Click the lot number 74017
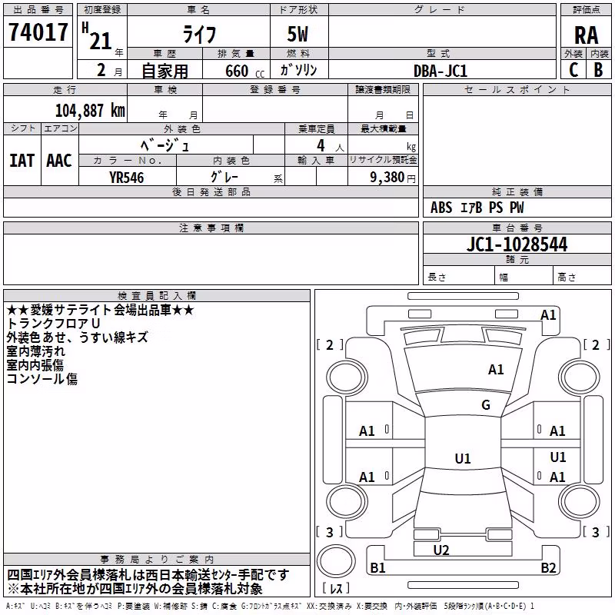[38, 32]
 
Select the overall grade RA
[586, 35]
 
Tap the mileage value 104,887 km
[90, 111]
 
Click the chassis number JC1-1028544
[517, 244]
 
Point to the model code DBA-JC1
[440, 71]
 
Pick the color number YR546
[126, 178]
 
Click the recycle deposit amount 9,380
[387, 178]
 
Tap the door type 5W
[298, 34]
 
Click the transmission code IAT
[22, 161]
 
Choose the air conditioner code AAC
[59, 161]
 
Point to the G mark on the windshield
[486, 405]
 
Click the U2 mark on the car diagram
[440, 550]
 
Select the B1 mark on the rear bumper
[377, 567]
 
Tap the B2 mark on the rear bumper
[548, 567]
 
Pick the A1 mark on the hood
[496, 370]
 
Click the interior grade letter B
[599, 70]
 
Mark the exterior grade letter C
[573, 70]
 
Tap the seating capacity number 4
[321, 145]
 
